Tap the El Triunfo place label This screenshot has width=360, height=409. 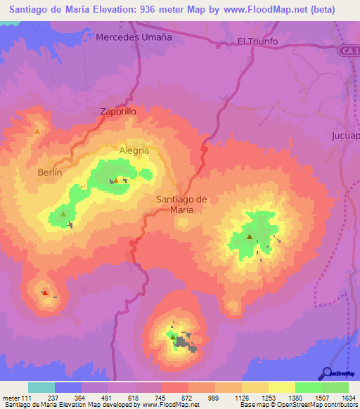pyautogui.click(x=258, y=41)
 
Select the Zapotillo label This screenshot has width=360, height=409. pyautogui.click(x=117, y=112)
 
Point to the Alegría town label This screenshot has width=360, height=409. pyautogui.click(x=134, y=150)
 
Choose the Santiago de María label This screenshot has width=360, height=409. pyautogui.click(x=181, y=204)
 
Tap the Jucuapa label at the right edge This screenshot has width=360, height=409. pyautogui.click(x=346, y=136)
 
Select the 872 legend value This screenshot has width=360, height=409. pyautogui.click(x=188, y=398)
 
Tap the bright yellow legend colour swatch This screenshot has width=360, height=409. pyautogui.click(x=281, y=387)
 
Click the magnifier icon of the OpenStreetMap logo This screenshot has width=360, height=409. pyautogui.click(x=326, y=374)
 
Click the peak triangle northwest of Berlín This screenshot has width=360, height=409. pyautogui.click(x=37, y=131)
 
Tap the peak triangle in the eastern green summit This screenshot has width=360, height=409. pyautogui.click(x=250, y=237)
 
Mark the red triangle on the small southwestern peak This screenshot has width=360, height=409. pyautogui.click(x=45, y=292)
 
